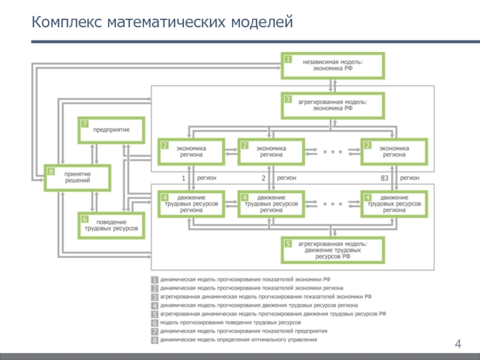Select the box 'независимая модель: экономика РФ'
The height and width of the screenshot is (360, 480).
(332, 65)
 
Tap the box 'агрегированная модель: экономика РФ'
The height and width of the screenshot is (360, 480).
(332, 106)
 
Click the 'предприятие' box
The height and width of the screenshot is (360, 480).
(112, 130)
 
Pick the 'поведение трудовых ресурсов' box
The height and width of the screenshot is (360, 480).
(112, 225)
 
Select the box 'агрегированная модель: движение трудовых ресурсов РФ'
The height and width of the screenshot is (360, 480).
(332, 250)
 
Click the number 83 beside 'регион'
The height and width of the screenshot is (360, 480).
(385, 178)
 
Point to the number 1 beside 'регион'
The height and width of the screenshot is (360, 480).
(184, 178)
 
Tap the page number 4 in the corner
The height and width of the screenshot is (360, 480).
(458, 344)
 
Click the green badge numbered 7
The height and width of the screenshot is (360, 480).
(85, 124)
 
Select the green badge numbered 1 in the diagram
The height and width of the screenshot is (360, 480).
(288, 59)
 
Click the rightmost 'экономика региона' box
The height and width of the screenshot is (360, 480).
(394, 151)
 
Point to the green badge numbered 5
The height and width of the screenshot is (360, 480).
(288, 244)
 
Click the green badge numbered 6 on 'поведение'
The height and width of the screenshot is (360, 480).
(85, 219)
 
